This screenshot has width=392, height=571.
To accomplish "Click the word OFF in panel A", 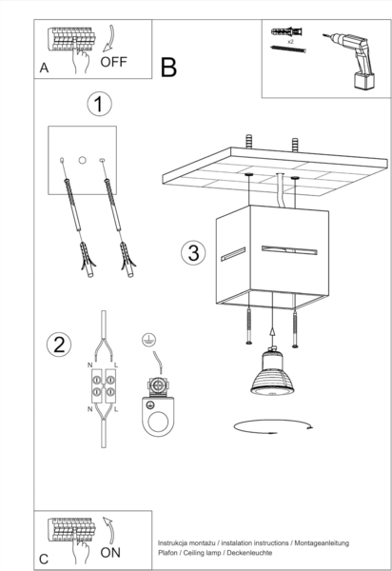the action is [x=113, y=62].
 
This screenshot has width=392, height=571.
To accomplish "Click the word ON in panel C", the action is [x=110, y=553].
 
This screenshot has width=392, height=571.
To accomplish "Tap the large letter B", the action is [x=169, y=68].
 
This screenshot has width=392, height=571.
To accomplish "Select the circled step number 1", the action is [x=99, y=104].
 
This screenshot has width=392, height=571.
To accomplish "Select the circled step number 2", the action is [x=59, y=345].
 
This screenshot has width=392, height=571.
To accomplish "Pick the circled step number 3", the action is [x=193, y=253].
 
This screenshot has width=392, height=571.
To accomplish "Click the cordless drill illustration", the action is [x=352, y=59].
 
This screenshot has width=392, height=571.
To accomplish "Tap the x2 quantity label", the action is [x=290, y=42].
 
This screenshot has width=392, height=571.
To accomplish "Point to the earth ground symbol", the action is [x=149, y=340].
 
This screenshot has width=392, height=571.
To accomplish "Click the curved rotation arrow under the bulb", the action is [x=272, y=426].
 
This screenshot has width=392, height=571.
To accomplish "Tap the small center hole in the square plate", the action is [x=83, y=160].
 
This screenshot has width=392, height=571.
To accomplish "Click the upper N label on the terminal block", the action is [x=89, y=364].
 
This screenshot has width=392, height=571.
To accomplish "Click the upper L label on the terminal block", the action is [x=116, y=364].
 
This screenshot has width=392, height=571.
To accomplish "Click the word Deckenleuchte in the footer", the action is [x=249, y=553].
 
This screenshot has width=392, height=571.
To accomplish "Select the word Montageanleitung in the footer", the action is [x=322, y=543].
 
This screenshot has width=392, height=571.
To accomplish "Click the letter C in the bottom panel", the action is [x=44, y=559].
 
